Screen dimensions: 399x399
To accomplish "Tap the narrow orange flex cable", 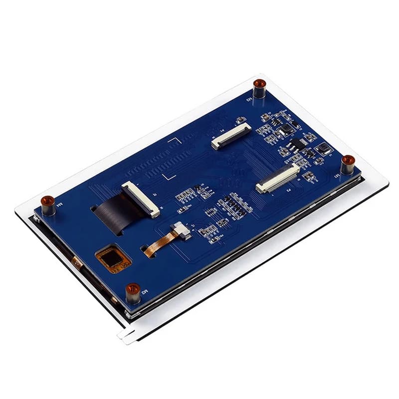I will tap(159, 243).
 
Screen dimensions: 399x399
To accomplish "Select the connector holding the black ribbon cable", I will tap(141, 199).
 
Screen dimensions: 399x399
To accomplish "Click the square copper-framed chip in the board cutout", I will tap(113, 258).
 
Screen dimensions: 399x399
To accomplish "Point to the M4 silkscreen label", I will tap(59, 203).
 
